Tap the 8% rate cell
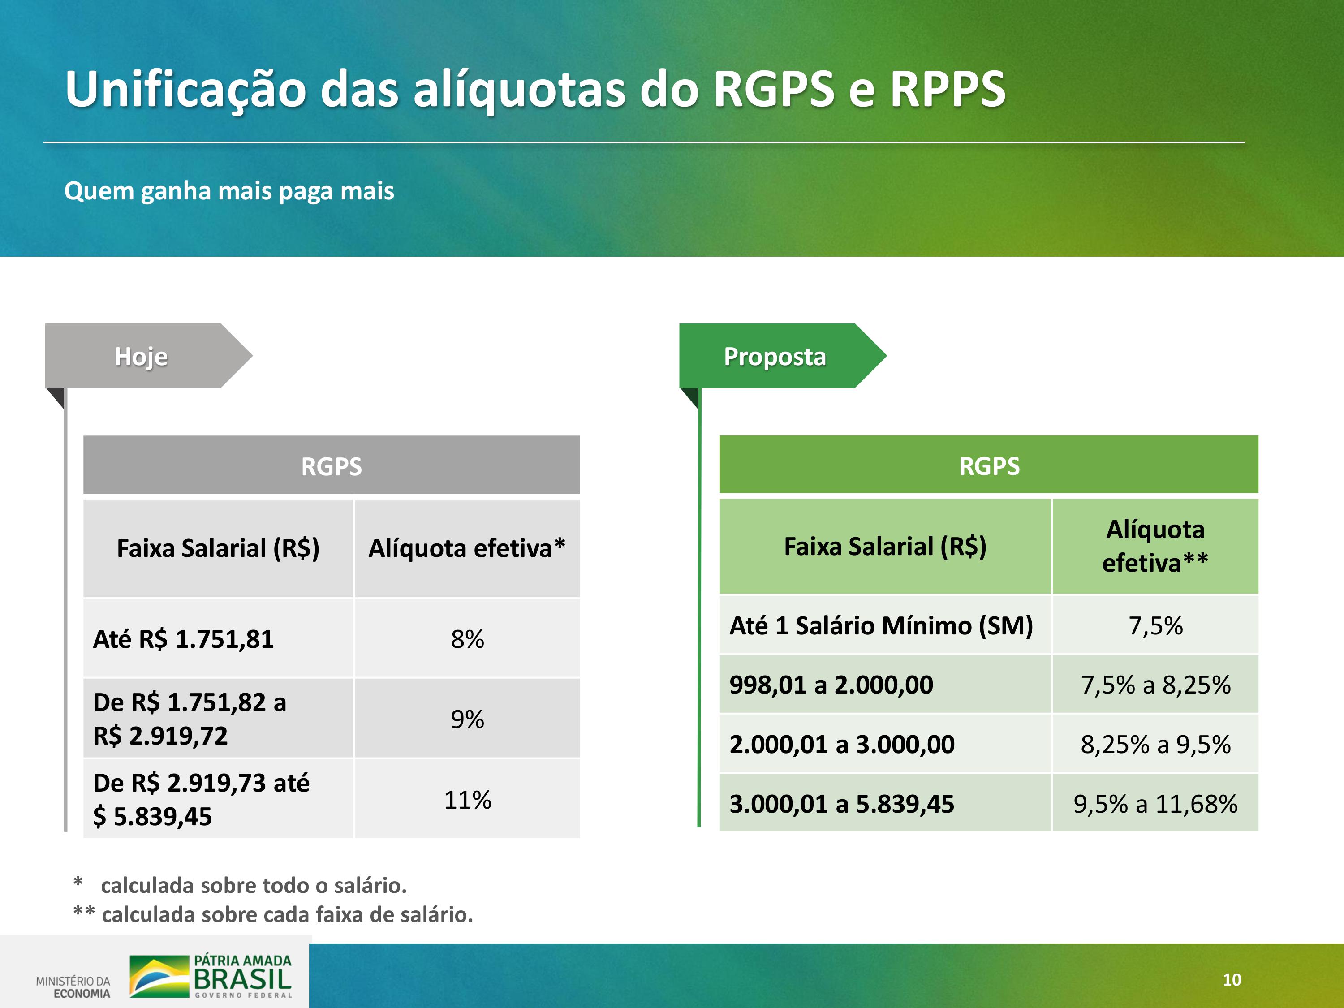(x=467, y=638)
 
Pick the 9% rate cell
(x=467, y=719)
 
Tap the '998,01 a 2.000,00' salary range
(x=831, y=685)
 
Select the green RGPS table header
(x=989, y=465)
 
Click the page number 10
(x=1232, y=979)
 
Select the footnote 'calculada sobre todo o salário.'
(x=254, y=885)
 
